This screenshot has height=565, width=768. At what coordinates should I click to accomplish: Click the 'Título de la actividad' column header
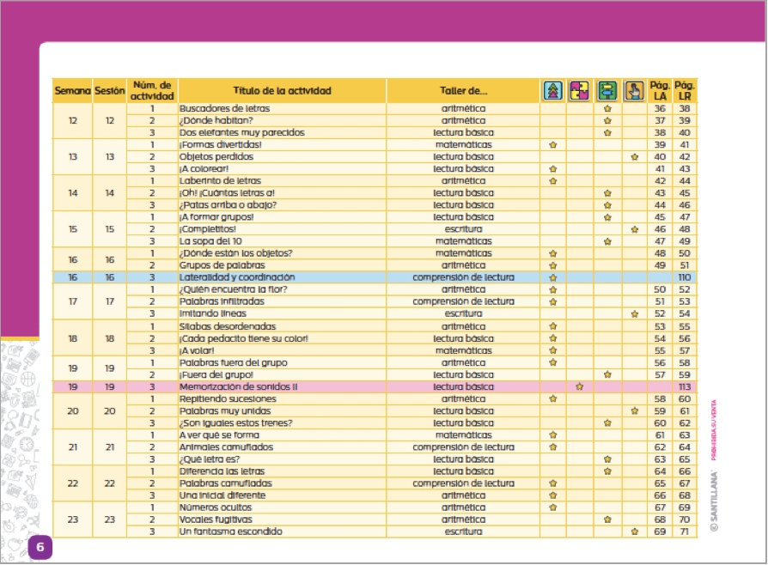282,91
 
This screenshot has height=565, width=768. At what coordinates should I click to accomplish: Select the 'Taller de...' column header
463,91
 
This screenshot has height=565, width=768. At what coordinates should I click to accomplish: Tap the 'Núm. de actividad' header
152,91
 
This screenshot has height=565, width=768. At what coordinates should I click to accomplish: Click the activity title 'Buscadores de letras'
223,109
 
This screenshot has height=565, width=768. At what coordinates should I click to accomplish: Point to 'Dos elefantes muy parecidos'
241,133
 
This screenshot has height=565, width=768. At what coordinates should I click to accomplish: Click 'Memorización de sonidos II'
238,387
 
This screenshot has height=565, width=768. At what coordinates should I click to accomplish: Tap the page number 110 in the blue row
685,278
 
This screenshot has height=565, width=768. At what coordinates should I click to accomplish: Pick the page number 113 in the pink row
685,387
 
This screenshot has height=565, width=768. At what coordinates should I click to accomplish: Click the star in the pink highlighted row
580,387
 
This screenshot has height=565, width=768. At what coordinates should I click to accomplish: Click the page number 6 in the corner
40,548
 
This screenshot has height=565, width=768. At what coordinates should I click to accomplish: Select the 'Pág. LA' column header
660,91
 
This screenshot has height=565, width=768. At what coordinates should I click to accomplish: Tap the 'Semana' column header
73,91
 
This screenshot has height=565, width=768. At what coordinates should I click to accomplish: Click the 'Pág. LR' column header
685,91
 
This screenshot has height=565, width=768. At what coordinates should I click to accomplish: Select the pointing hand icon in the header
634,91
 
